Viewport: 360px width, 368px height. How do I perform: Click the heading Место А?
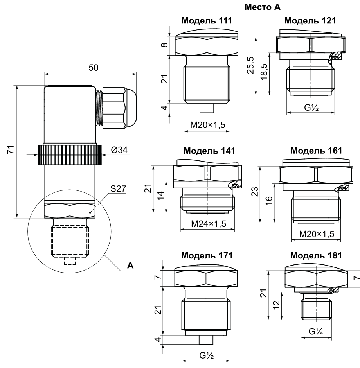point(261,7)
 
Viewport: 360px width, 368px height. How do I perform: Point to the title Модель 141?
point(210,151)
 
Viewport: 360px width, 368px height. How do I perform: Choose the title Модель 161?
point(316,151)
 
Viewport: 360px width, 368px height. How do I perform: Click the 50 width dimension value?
point(93,67)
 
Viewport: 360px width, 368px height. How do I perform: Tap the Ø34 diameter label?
point(119,150)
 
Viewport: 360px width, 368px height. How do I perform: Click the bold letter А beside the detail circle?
point(131,266)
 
